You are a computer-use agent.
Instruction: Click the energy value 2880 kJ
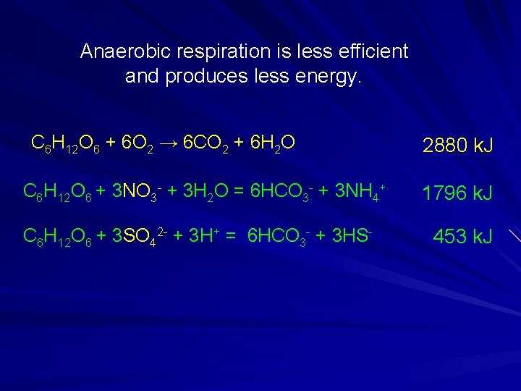(x=457, y=146)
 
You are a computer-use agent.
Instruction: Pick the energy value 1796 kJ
(x=457, y=193)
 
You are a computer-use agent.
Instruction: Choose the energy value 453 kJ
(x=462, y=236)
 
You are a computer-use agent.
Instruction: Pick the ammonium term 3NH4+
(x=357, y=192)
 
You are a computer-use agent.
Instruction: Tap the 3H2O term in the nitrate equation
(x=203, y=192)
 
